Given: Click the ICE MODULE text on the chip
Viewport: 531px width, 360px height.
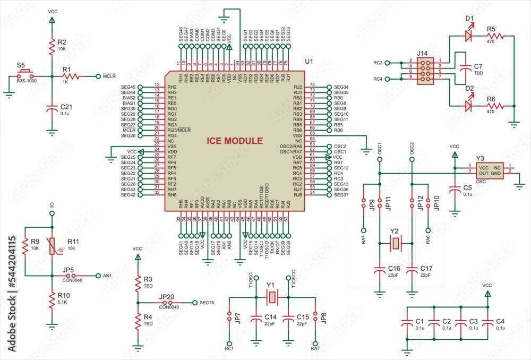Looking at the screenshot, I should click(x=235, y=141).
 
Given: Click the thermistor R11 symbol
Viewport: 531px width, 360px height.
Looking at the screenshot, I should click(x=52, y=246).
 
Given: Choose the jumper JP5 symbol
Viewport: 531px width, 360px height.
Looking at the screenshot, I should click(x=67, y=276).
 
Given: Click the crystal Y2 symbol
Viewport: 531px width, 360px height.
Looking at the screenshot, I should click(x=396, y=244).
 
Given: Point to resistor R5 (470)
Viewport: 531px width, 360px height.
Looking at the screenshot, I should click(x=498, y=36).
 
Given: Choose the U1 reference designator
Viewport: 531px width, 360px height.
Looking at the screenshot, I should click(x=309, y=62).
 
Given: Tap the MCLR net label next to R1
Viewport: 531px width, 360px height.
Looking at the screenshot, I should click(x=109, y=76).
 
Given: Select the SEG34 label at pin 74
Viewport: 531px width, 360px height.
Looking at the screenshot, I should click(x=341, y=87).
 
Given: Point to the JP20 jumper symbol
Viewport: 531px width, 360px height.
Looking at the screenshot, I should click(x=169, y=303).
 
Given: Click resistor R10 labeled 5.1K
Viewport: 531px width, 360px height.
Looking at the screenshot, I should click(x=52, y=299).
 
